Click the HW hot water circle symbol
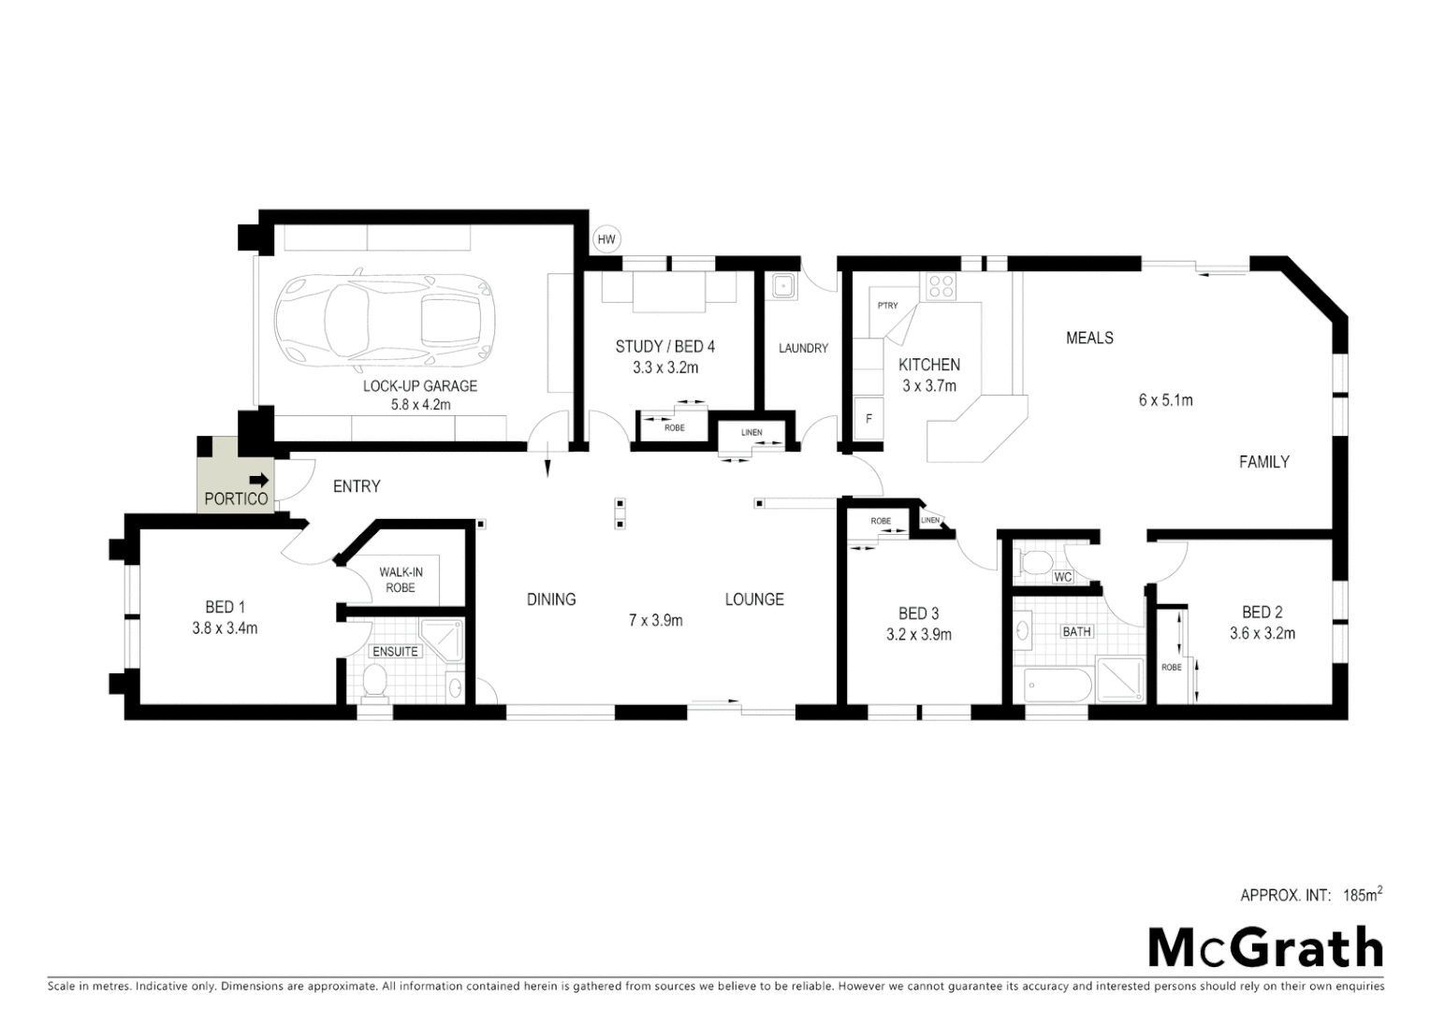pyautogui.click(x=606, y=240)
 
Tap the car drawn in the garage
pyautogui.click(x=384, y=320)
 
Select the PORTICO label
pyautogui.click(x=236, y=499)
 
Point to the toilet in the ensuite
pyautogui.click(x=375, y=682)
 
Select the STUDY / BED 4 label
pyautogui.click(x=664, y=347)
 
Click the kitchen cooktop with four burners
pyautogui.click(x=941, y=286)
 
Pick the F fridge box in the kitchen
pyautogui.click(x=868, y=419)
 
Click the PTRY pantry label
pyautogui.click(x=887, y=306)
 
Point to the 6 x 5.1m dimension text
pyautogui.click(x=1165, y=400)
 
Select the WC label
pyautogui.click(x=1063, y=577)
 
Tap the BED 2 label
pyautogui.click(x=1262, y=613)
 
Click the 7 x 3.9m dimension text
pyautogui.click(x=655, y=620)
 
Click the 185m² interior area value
pyautogui.click(x=1362, y=895)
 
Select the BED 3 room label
pyautogui.click(x=918, y=613)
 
